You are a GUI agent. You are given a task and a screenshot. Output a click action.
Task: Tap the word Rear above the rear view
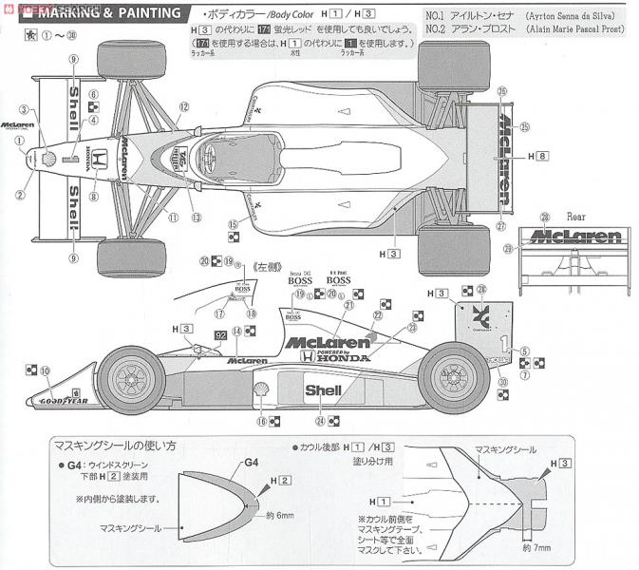coord(576,216)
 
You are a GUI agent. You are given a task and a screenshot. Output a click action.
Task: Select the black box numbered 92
coord(220,334)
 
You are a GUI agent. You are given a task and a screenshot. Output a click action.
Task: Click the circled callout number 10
coord(44,371)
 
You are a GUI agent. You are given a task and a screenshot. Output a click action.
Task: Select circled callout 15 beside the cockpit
coord(231,224)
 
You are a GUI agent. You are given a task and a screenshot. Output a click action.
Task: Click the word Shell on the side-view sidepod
coord(324,389)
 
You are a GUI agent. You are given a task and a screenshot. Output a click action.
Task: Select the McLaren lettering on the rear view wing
coord(576,235)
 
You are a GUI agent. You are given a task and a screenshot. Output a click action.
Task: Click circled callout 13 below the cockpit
coord(195,218)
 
